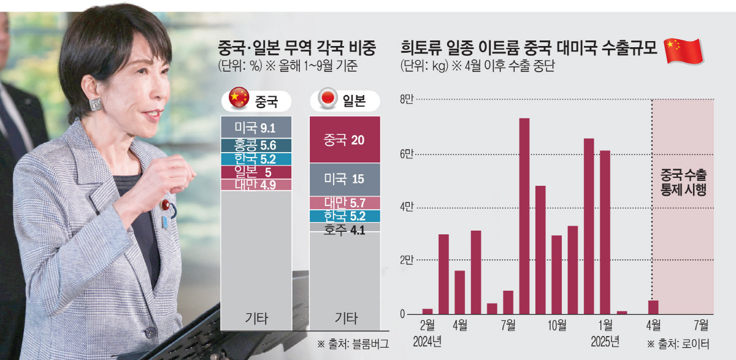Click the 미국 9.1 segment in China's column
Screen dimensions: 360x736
coord(256,128)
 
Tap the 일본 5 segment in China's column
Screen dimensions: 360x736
coord(256,172)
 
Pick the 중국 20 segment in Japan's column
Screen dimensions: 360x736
coord(345,140)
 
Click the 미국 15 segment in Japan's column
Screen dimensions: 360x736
coord(345,179)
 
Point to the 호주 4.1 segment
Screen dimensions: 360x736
coord(345,228)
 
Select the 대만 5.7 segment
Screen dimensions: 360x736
coord(345,202)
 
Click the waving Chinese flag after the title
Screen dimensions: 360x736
coord(683,50)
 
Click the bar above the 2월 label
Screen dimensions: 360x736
coord(427,312)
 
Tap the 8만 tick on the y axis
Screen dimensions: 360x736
coord(407,100)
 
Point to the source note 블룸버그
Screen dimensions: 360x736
coord(353,344)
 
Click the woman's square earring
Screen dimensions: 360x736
coord(95,104)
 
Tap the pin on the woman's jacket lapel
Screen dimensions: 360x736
coord(166,204)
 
